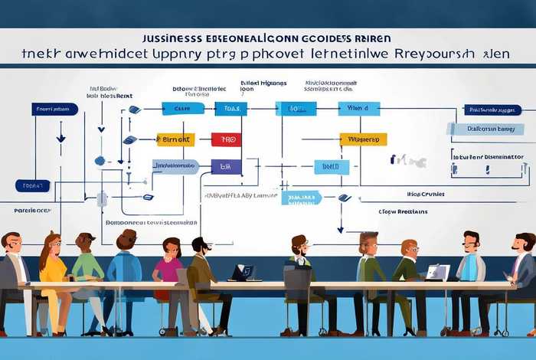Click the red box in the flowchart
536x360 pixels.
(x=226, y=139)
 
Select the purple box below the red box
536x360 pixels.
(x=226, y=166)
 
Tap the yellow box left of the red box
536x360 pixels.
(x=175, y=139)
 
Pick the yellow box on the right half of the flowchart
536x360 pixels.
(x=363, y=139)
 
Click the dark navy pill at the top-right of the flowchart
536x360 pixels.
(x=492, y=110)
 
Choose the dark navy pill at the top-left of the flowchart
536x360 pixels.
(x=55, y=109)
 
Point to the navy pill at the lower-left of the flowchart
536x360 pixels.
(x=32, y=185)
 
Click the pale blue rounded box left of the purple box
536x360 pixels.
(x=175, y=165)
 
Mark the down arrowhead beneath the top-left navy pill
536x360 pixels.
(x=61, y=138)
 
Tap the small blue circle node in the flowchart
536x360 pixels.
(x=99, y=161)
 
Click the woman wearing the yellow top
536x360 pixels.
(x=53, y=264)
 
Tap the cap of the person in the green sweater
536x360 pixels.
(x=86, y=237)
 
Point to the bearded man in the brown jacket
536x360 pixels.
(x=200, y=268)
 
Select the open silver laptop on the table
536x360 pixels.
(x=437, y=272)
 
